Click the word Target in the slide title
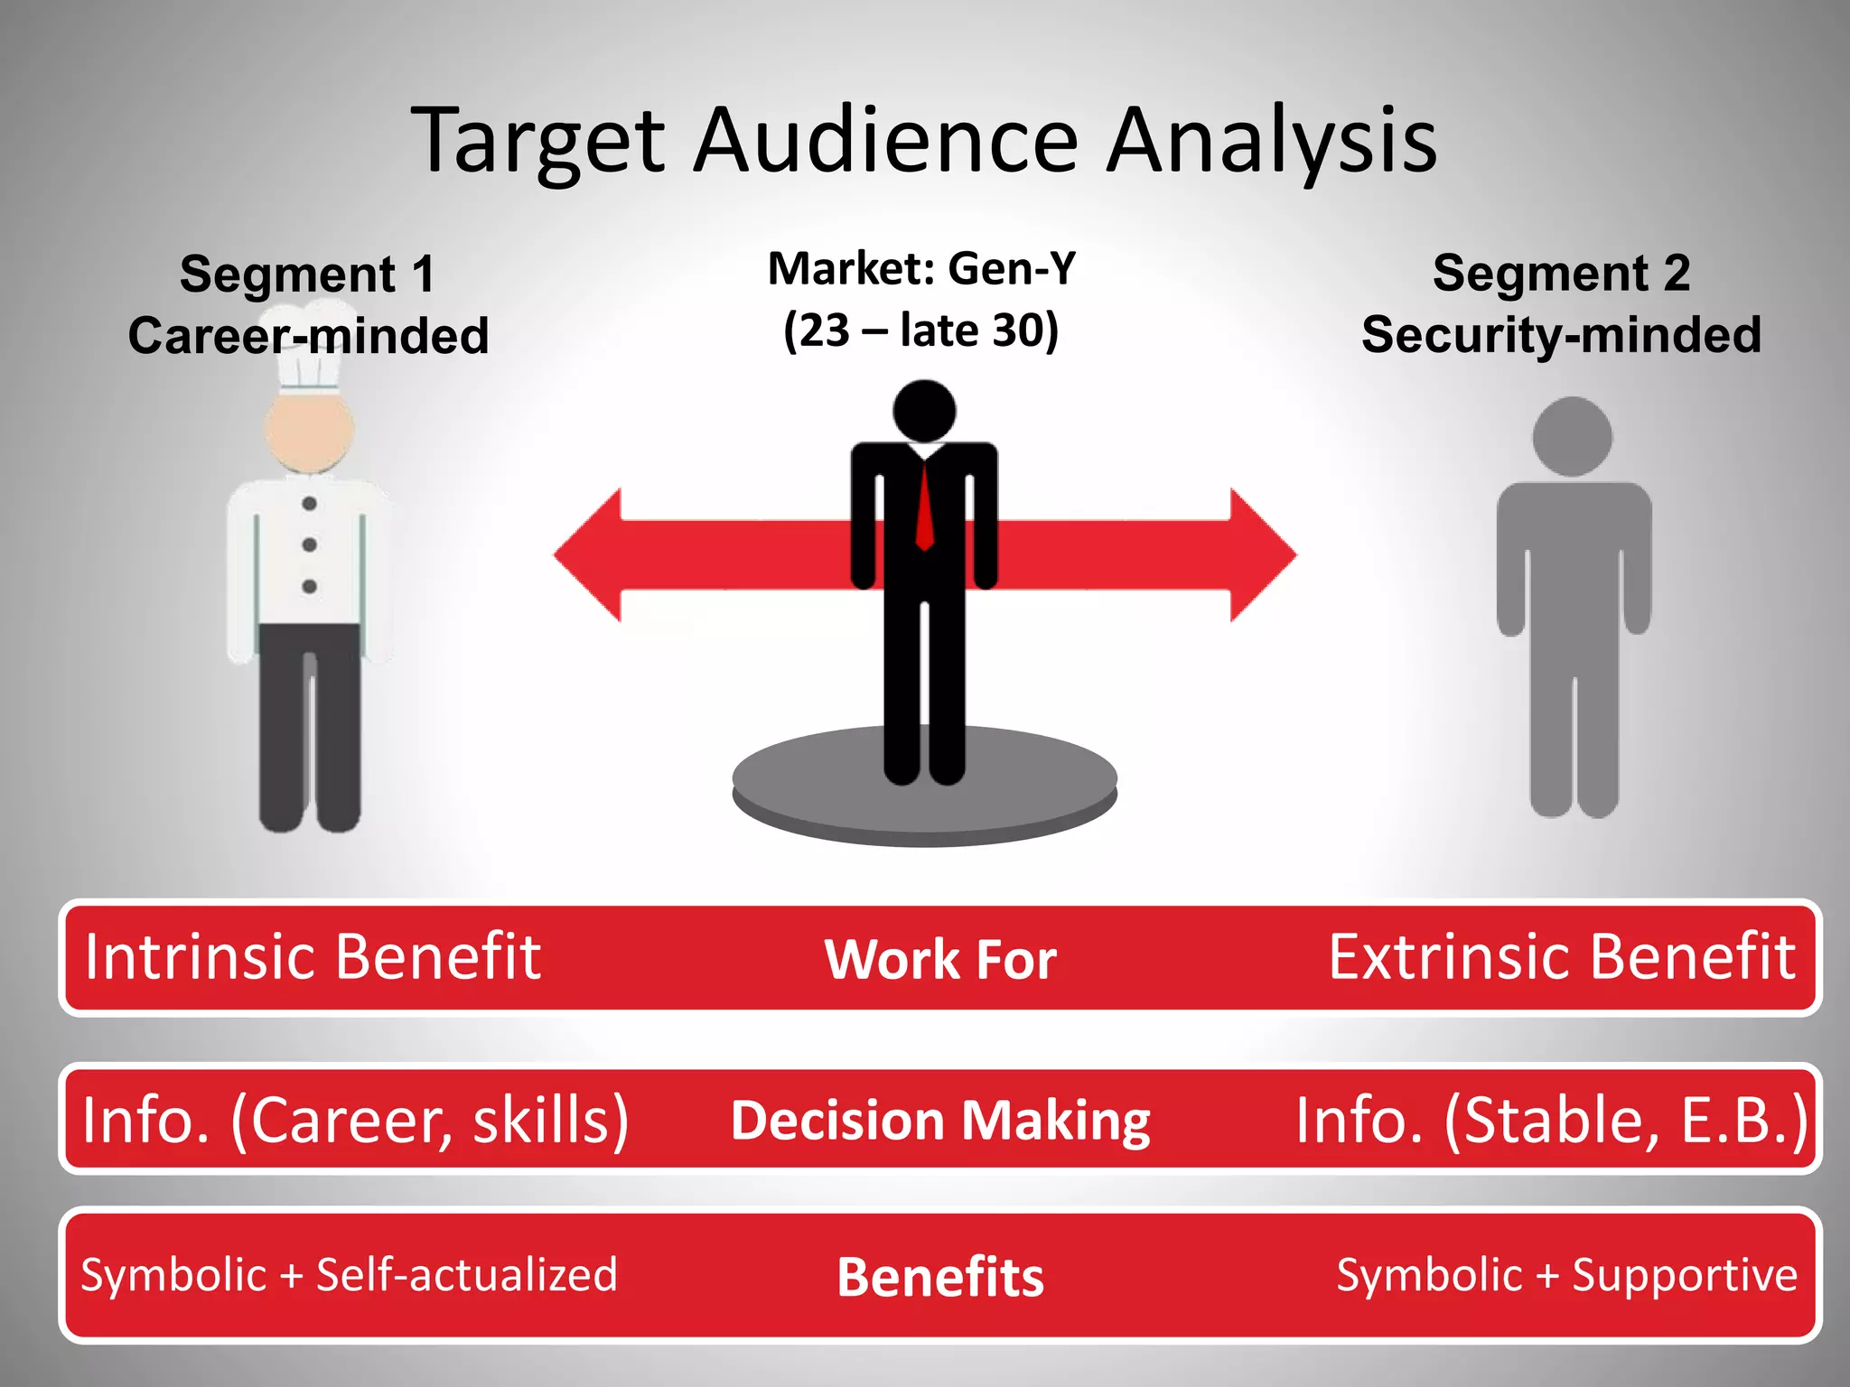click(539, 140)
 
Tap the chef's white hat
click(309, 348)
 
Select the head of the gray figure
click(1572, 437)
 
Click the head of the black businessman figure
click(924, 411)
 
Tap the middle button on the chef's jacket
click(309, 545)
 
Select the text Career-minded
click(308, 336)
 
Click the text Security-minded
click(1561, 335)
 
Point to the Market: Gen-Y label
click(921, 268)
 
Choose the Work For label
click(940, 959)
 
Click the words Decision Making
click(940, 1121)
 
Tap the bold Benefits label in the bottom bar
click(940, 1277)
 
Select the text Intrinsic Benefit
click(313, 956)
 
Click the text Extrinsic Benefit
click(1561, 956)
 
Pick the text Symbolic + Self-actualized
click(349, 1275)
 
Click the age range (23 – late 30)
click(920, 330)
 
